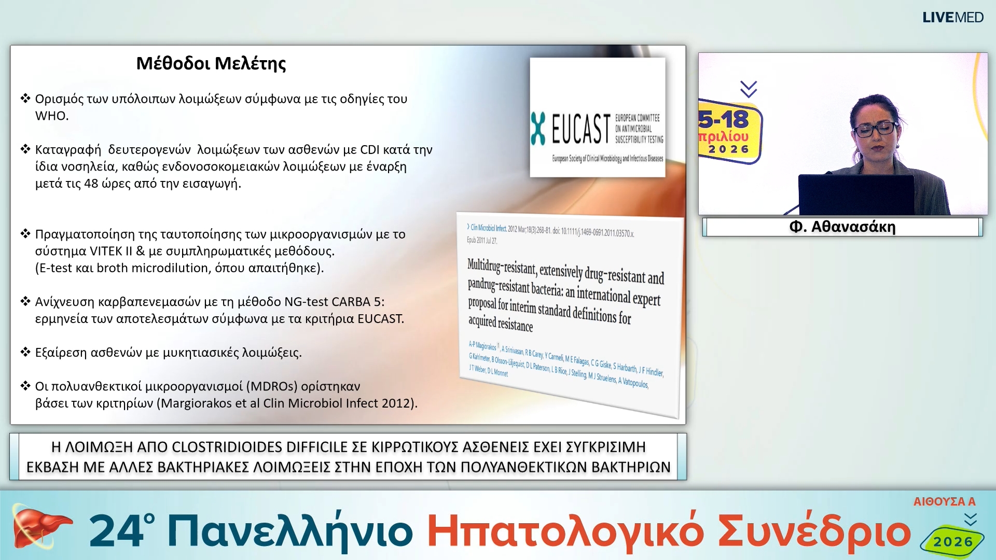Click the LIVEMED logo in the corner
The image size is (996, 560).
pyautogui.click(x=952, y=18)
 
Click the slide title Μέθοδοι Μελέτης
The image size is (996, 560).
pyautogui.click(x=211, y=63)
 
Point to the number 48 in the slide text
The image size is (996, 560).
pyautogui.click(x=91, y=184)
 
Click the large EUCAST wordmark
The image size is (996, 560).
pyautogui.click(x=580, y=129)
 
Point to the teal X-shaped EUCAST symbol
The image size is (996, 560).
pyautogui.click(x=538, y=129)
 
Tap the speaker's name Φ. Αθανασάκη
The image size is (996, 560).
pyautogui.click(x=842, y=227)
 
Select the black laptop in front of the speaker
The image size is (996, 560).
pyautogui.click(x=856, y=194)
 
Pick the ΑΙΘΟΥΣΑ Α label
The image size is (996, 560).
pyautogui.click(x=944, y=501)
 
